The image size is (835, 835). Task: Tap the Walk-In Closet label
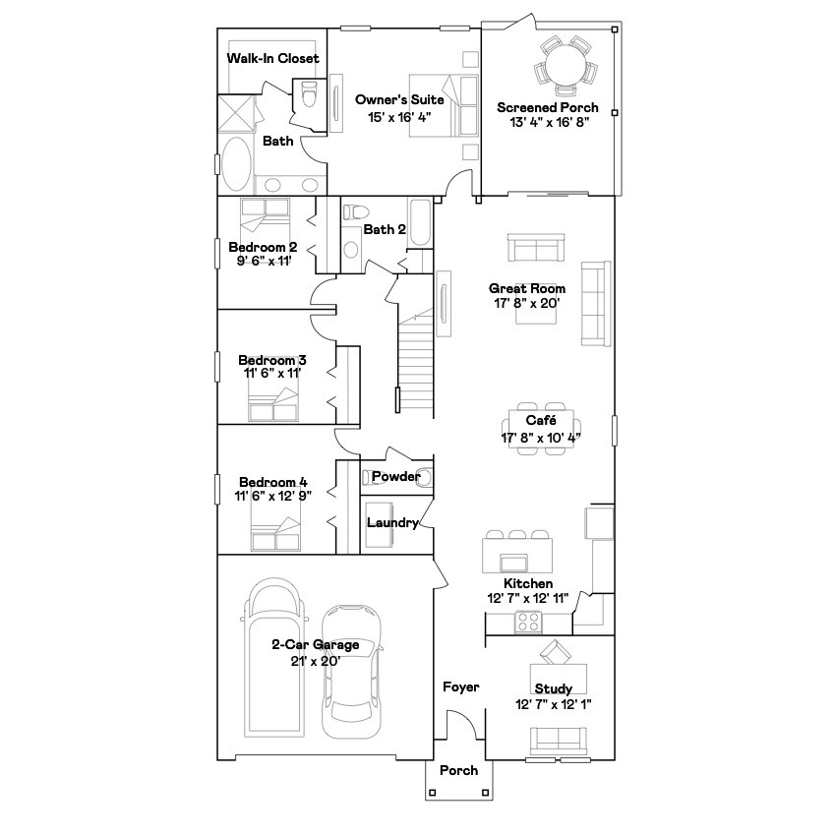click(272, 59)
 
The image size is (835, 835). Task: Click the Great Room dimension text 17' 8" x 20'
click(527, 304)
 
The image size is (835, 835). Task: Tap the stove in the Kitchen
click(528, 622)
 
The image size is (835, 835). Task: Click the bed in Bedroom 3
click(274, 404)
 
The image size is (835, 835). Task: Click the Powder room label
click(396, 477)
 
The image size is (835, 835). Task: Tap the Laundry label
click(392, 523)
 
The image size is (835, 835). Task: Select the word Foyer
click(460, 686)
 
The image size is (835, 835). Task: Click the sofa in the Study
click(558, 739)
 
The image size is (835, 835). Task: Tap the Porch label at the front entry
click(458, 770)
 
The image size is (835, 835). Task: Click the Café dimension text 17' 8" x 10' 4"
click(541, 437)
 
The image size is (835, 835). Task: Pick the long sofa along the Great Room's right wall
click(596, 303)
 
